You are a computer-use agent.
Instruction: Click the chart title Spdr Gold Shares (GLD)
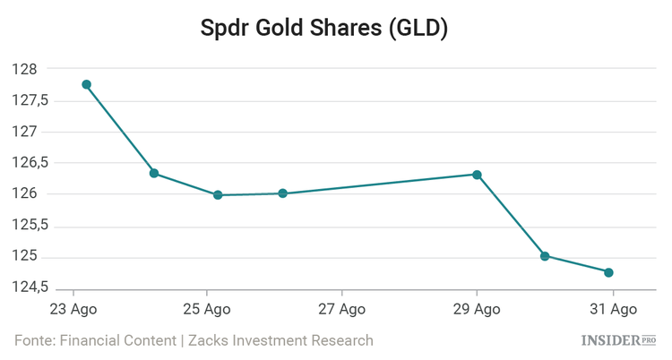[336, 29]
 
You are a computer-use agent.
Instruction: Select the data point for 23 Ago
[87, 84]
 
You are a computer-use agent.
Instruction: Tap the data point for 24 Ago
[154, 173]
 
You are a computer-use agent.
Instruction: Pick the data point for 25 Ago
[218, 194]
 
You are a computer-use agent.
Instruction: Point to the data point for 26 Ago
[282, 193]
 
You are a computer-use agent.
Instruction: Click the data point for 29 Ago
[478, 175]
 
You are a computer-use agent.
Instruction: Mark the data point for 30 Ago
[545, 255]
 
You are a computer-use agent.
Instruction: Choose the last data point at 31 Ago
[608, 272]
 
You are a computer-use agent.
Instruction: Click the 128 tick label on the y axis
[24, 69]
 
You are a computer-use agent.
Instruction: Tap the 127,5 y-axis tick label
[30, 100]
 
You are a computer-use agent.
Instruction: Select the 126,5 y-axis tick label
[30, 163]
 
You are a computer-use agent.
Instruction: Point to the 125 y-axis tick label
[24, 257]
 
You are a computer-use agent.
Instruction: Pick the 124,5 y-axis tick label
[30, 288]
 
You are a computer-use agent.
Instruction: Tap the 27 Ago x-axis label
[342, 309]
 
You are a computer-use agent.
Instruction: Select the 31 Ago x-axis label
[612, 309]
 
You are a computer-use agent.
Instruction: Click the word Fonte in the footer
[33, 340]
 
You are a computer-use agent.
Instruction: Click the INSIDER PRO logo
[619, 340]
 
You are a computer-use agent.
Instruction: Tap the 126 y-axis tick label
[24, 194]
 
